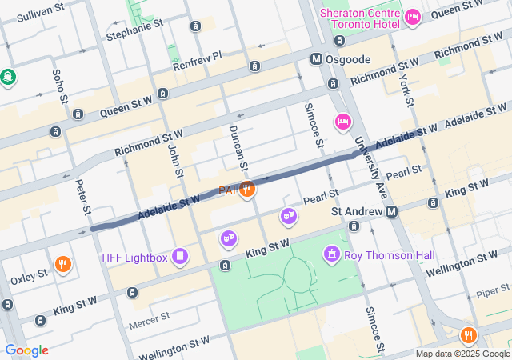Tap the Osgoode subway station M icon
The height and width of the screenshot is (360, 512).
tap(318, 59)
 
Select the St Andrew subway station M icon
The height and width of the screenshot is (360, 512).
tap(392, 212)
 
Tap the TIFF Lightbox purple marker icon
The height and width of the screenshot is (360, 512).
tap(182, 256)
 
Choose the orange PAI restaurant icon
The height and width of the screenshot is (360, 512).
tap(248, 190)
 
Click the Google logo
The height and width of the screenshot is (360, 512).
tap(26, 350)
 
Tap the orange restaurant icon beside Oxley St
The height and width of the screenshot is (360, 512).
tap(62, 263)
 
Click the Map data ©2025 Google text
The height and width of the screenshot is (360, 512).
tap(462, 354)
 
